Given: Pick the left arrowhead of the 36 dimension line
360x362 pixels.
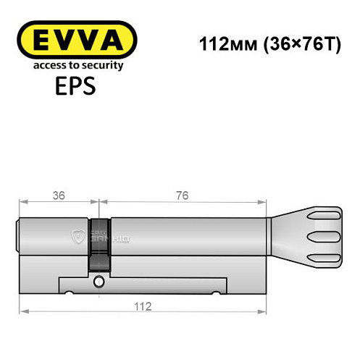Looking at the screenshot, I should pos(24,203).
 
